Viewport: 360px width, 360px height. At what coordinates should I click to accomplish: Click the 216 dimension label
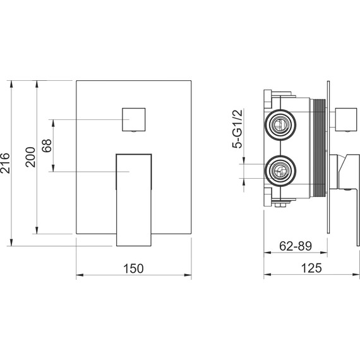point(5,163)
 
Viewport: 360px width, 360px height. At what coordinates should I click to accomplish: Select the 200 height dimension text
point(30,157)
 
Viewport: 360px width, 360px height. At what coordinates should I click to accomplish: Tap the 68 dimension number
point(47,145)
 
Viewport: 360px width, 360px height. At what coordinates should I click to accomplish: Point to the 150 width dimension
point(133,268)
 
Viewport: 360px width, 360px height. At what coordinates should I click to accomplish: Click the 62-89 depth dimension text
point(296,246)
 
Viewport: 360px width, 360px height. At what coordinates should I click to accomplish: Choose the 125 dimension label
point(311,268)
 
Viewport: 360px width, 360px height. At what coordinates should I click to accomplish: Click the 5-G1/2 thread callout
point(237,129)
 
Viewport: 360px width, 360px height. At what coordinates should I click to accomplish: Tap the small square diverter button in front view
point(134,119)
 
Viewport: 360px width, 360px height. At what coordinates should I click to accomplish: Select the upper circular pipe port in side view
point(280,125)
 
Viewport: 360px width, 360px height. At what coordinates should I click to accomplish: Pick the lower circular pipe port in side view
point(280,171)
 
